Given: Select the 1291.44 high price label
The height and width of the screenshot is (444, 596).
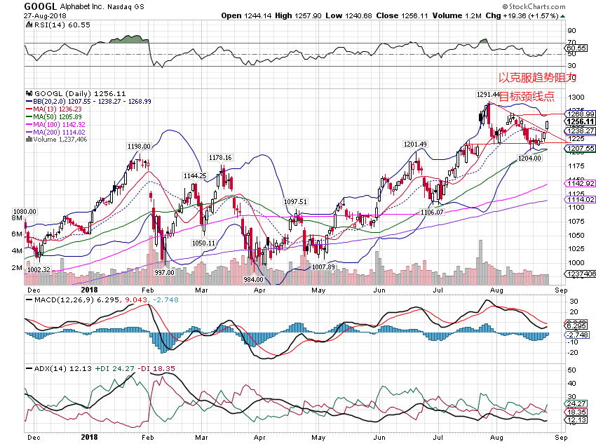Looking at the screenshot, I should point(488,95).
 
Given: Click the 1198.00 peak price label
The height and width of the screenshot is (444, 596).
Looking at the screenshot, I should point(139,146).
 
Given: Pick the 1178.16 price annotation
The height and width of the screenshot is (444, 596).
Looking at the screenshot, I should point(220,158).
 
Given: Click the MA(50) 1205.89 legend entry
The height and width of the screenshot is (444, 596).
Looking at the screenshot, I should point(56,117).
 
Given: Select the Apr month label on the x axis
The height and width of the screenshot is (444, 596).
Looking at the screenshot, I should point(259,288).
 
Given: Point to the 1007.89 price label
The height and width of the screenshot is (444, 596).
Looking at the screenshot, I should point(323,267).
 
